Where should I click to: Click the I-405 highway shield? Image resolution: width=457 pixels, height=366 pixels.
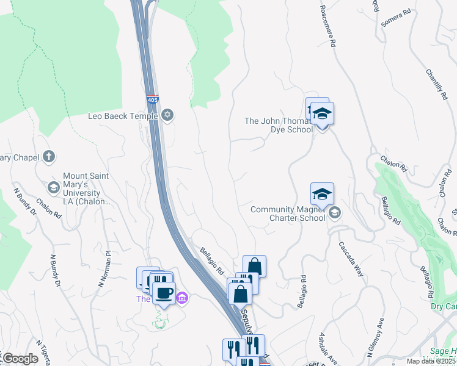(x=152, y=99)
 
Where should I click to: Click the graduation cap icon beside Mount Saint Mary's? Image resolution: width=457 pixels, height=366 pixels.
(x=53, y=187)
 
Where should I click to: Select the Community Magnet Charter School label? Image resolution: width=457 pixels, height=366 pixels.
(x=288, y=213)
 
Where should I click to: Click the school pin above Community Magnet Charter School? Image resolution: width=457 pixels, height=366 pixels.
(x=322, y=195)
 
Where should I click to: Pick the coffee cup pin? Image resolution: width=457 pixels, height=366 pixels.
(x=164, y=293)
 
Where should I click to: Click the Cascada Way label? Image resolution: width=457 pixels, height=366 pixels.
(x=351, y=258)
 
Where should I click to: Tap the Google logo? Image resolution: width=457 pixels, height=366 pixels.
(x=20, y=359)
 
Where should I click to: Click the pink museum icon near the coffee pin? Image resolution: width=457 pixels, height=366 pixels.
(x=181, y=298)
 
